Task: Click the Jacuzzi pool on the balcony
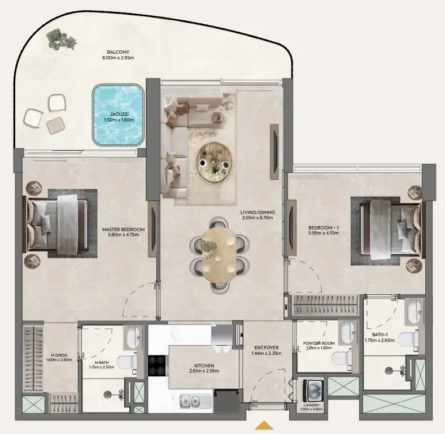point(117,114)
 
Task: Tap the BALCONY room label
point(117,51)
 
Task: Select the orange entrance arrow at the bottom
point(264,425)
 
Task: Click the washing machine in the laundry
point(312,390)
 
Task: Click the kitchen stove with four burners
point(156,365)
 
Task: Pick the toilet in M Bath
point(126,362)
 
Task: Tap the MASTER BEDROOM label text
point(123,229)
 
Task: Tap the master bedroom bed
point(56,224)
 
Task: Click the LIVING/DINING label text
point(257,212)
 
